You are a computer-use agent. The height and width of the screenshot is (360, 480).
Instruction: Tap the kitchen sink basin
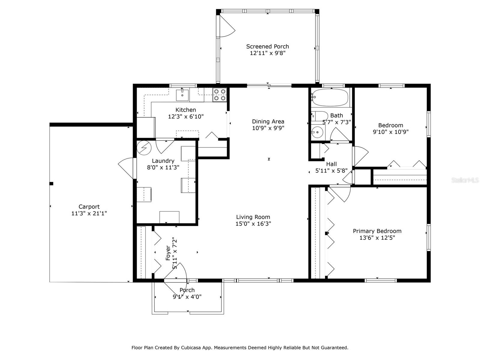coord(182,95)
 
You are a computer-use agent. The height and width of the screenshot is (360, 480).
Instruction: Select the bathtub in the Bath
coord(330,97)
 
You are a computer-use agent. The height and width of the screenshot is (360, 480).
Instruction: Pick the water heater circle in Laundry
coord(144,148)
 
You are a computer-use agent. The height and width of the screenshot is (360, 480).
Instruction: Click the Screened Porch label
coord(267,46)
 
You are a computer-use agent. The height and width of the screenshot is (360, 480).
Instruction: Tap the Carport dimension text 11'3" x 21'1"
coord(89,213)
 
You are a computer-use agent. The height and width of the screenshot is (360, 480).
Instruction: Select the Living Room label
coord(253,217)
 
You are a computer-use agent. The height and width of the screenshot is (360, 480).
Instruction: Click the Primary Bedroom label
coord(377,231)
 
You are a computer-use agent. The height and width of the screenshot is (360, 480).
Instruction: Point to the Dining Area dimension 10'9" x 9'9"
coord(268,128)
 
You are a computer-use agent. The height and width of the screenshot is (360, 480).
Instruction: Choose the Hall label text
coord(331,164)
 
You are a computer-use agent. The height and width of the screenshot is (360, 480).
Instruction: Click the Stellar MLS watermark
coord(465,180)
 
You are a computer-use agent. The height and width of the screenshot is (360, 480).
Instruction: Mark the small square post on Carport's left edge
coord(51,184)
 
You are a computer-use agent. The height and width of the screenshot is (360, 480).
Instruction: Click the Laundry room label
coord(163,161)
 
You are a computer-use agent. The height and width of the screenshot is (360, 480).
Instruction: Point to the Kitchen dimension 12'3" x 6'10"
coord(186,116)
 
